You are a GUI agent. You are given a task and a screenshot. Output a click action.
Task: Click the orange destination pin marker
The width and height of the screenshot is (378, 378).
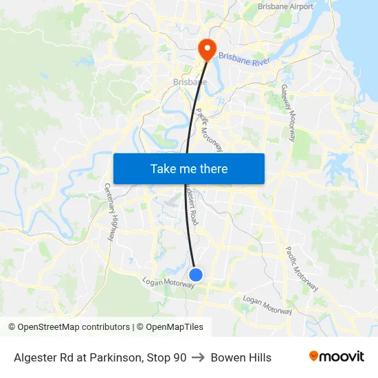tap(206, 49)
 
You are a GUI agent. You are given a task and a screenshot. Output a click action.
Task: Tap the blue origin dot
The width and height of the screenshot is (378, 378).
tap(196, 275)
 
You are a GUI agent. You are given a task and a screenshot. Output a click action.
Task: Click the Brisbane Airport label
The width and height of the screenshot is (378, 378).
tap(285, 7)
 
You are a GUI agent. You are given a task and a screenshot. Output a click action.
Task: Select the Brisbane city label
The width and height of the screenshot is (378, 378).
tap(190, 82)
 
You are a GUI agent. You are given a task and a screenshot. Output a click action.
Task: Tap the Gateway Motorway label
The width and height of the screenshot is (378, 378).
tap(289, 112)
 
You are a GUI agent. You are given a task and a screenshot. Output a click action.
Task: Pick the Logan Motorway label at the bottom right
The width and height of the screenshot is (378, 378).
tap(268, 305)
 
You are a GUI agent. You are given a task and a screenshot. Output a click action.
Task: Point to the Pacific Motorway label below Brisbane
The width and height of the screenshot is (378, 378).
tap(210, 129)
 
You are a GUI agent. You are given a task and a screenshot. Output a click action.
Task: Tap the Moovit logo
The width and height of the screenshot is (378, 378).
tap(337, 357)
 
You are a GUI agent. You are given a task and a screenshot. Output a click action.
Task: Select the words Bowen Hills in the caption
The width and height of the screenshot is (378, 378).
tap(241, 357)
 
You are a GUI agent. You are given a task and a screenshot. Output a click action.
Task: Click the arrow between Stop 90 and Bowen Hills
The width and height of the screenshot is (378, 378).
tap(199, 357)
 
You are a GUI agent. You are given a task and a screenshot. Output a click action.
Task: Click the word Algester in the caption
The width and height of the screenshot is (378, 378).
tap(34, 357)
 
